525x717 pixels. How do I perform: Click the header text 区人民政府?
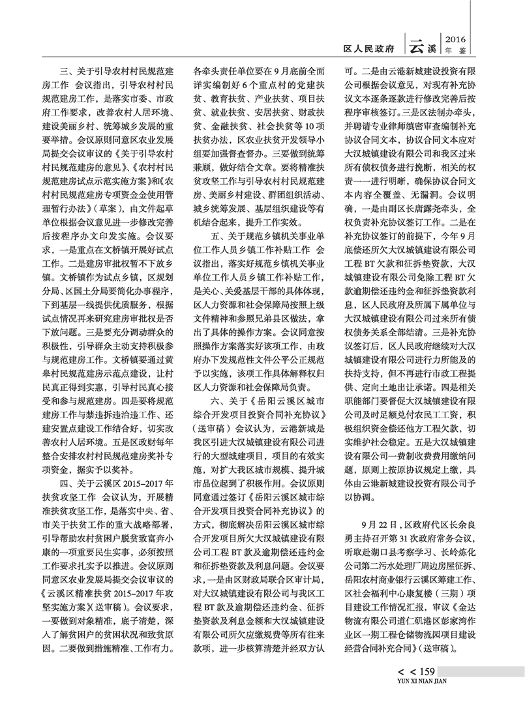point(370,48)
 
